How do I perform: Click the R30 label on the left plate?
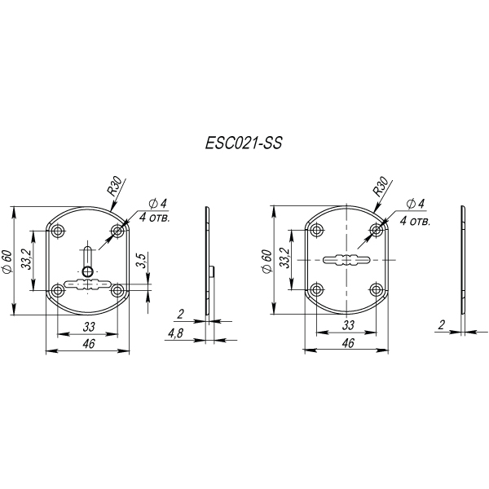[x=116, y=186]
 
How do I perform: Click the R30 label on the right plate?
[x=380, y=184]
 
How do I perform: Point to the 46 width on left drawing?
[x=88, y=345]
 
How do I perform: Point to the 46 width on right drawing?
[x=348, y=344]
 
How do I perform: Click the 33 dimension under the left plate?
[x=87, y=326]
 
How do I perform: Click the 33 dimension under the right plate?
[x=348, y=325]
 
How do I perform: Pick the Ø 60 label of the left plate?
[x=7, y=261]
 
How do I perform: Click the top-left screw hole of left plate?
[x=58, y=231]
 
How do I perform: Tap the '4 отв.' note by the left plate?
[x=155, y=217]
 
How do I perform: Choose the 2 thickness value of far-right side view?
[x=441, y=324]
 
